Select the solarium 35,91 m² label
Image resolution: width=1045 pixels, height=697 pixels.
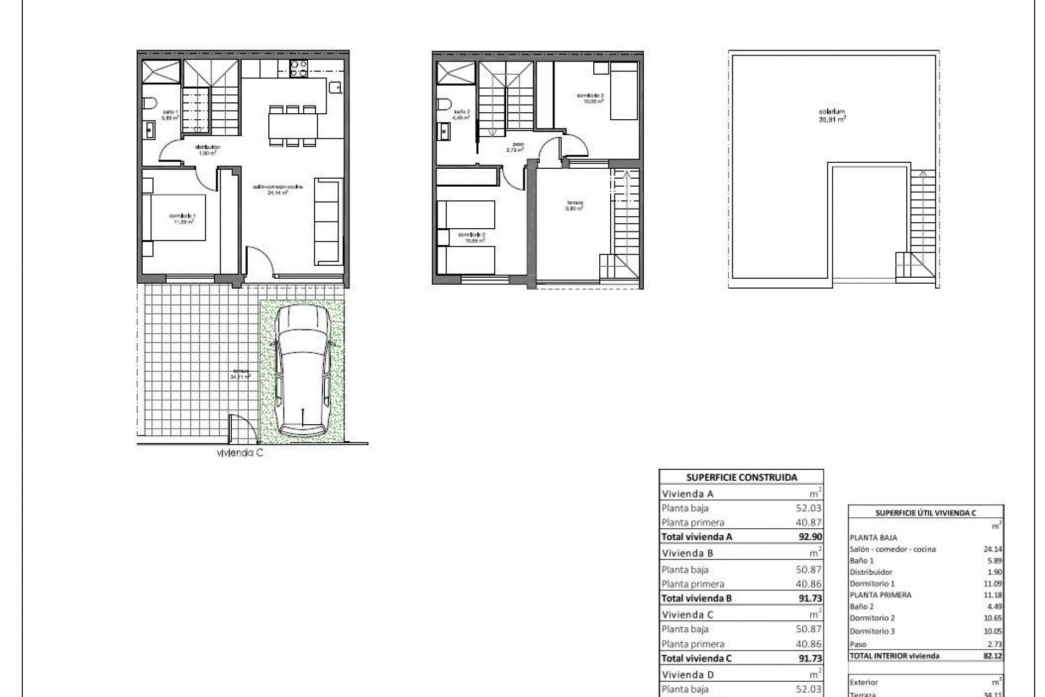tap(832, 115)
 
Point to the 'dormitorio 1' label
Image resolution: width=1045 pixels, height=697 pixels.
tap(182, 218)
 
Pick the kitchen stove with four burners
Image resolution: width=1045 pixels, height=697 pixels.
tap(298, 68)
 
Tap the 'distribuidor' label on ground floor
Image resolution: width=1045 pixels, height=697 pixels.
tap(207, 150)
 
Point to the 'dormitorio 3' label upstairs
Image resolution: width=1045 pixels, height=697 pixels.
tap(590, 98)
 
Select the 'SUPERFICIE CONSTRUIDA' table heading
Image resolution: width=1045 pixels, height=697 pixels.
tap(741, 478)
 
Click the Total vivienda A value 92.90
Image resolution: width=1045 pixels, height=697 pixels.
tap(810, 536)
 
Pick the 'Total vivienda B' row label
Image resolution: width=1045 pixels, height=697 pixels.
tap(697, 598)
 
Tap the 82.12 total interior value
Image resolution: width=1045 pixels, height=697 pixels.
tap(993, 656)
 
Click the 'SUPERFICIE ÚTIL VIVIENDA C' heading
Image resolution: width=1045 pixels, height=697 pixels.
tap(925, 512)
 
